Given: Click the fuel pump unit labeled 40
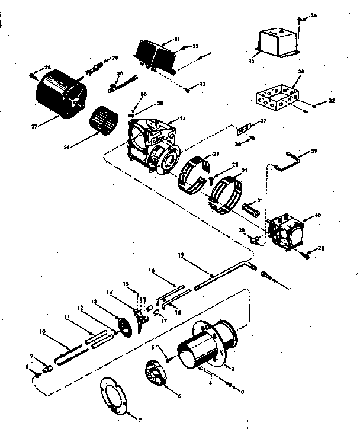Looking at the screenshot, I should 285,232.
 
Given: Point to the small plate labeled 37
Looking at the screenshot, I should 244,129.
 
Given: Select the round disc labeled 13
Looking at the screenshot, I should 124,328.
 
